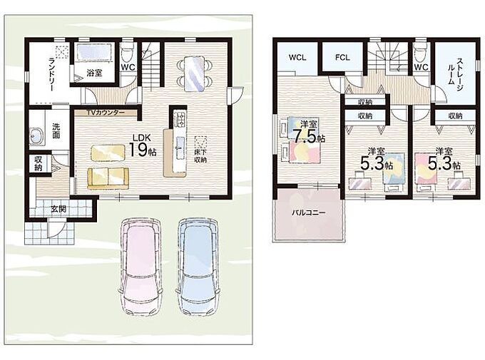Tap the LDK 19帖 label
click(x=142, y=145)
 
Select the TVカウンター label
click(x=105, y=112)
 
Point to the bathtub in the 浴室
click(x=94, y=52)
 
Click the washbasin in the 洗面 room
click(x=36, y=135)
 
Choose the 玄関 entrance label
click(x=58, y=209)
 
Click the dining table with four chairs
click(x=194, y=73)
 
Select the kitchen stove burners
click(x=180, y=119)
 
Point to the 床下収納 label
click(x=200, y=156)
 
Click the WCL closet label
click(x=297, y=58)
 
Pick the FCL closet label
click(x=342, y=58)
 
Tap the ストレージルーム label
click(x=455, y=71)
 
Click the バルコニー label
click(x=309, y=213)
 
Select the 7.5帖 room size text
click(x=309, y=135)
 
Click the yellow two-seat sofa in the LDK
click(x=108, y=178)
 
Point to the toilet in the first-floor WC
click(x=128, y=54)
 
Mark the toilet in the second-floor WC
click(x=421, y=54)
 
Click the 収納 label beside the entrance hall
click(x=39, y=164)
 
